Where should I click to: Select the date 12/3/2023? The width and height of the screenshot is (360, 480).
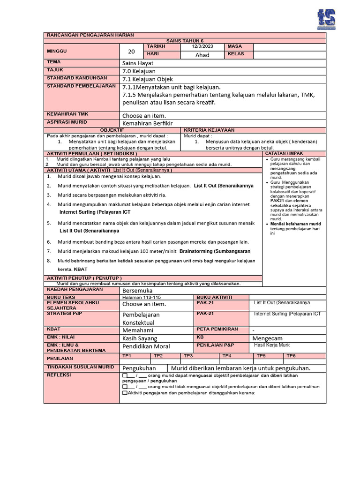pos(202,46)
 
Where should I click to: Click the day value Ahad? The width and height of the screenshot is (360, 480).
pos(202,55)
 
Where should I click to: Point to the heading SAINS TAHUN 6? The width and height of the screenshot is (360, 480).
pos(185,41)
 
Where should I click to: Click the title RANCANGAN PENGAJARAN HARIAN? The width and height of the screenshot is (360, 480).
pos(90,35)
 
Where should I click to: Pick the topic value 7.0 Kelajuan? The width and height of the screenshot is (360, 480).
pos(139,71)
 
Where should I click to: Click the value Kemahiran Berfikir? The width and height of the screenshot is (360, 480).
pos(148,123)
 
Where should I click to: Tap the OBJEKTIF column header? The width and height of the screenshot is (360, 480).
pos(112,130)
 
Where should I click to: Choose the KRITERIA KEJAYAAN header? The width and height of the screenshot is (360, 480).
pos(209,130)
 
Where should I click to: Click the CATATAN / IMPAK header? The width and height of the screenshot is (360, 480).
pos(284,153)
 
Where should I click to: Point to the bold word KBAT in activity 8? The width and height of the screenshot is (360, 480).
pos(81,269)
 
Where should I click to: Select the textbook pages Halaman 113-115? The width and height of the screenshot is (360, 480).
pos(141,297)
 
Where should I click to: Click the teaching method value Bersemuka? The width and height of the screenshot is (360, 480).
pos(138,291)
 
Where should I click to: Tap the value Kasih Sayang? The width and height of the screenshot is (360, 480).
pos(140,338)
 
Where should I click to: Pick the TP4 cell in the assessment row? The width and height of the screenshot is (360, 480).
pos(226,356)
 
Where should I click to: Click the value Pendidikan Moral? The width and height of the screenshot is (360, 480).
pos(146,346)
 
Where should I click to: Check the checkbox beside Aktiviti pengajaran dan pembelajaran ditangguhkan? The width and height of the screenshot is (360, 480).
pos(125,393)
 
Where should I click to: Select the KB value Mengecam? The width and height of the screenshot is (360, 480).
pos(268,338)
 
